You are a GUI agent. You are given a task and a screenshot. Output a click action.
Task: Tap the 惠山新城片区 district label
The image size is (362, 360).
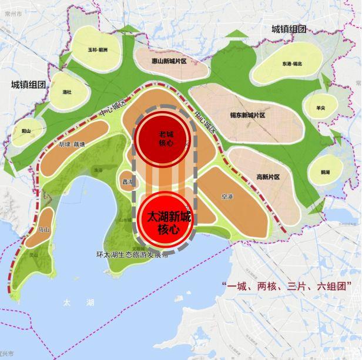(169, 61)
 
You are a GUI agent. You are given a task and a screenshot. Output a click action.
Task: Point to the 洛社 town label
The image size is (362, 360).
(66, 92)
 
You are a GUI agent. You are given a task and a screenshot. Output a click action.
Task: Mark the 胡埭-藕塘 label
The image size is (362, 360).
(72, 143)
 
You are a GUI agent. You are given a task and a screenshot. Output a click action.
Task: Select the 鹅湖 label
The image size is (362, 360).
(325, 172)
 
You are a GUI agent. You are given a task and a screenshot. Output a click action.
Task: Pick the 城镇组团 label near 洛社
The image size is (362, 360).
(28, 84)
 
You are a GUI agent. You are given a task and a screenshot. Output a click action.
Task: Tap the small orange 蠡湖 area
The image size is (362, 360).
(126, 182)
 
